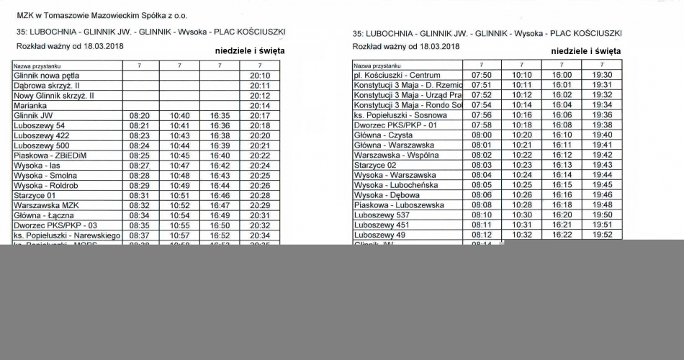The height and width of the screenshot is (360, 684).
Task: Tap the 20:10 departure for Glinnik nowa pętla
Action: (x=259, y=75)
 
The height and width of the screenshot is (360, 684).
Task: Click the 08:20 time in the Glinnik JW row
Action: (x=140, y=115)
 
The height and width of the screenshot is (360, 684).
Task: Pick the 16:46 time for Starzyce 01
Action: (x=220, y=195)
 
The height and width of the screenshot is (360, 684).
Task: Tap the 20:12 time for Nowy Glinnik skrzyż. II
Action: (x=259, y=95)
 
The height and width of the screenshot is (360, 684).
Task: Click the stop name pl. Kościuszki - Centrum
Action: (x=397, y=75)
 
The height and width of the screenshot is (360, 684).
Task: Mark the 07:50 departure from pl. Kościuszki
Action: (x=481, y=75)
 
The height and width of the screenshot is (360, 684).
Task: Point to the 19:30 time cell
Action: (x=602, y=75)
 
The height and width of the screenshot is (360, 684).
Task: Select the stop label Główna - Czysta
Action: (x=383, y=135)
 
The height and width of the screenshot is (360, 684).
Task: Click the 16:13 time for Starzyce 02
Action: (x=562, y=165)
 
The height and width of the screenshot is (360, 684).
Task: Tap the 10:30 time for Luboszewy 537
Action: (x=522, y=215)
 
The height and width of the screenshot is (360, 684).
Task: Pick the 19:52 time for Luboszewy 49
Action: (x=602, y=235)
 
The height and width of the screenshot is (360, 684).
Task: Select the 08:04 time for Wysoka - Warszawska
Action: (x=481, y=175)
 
